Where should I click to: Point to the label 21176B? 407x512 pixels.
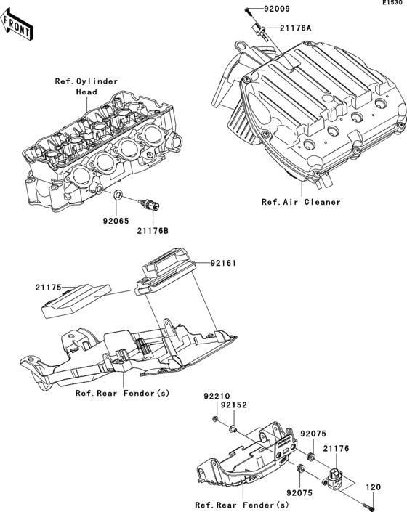pos(153,231)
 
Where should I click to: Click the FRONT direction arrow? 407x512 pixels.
pos(18,28)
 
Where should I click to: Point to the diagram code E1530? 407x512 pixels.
pos(392,4)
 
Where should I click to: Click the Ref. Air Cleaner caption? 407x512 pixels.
pos(301,202)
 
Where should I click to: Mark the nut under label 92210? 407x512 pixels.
pos(216,420)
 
